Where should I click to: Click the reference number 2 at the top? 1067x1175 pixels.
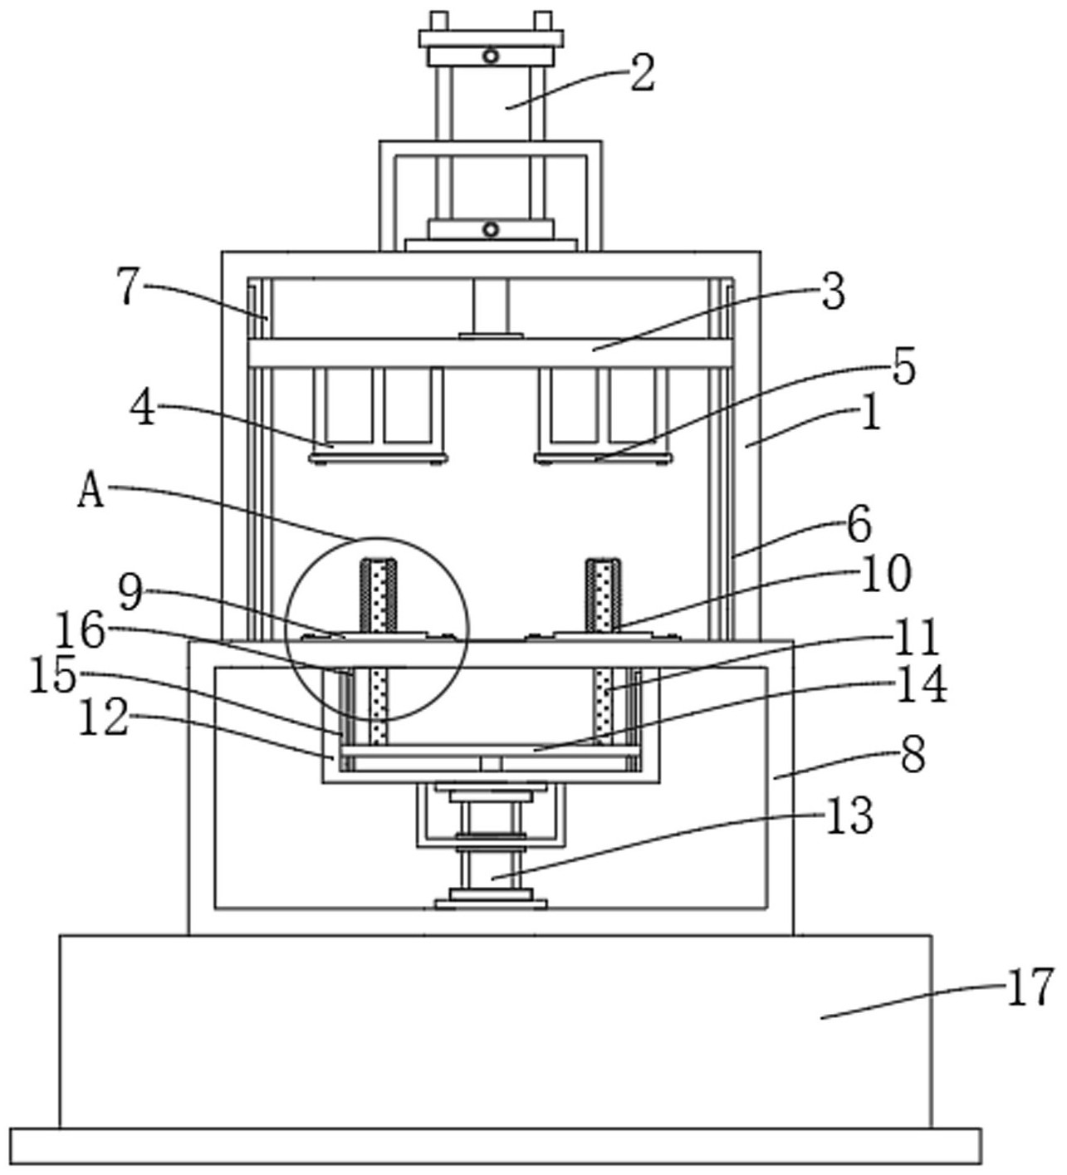coord(642,73)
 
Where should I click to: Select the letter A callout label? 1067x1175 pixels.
coord(91,491)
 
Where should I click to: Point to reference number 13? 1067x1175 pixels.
coord(849,816)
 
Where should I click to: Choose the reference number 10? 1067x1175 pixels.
coord(887,574)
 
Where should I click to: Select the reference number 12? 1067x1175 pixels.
coord(103,718)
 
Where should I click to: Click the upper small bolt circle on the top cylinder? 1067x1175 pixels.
coord(491,56)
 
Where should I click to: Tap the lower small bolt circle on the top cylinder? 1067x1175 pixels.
coord(491,229)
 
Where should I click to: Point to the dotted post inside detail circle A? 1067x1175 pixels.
coord(378,595)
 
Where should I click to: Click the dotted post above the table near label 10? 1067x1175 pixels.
coord(604,595)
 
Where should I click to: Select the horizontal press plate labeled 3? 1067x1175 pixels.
coord(491,353)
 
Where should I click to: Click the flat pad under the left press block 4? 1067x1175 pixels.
coord(378,458)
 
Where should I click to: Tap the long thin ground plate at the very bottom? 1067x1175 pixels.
coord(496,1146)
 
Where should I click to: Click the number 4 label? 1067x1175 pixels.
coord(142,409)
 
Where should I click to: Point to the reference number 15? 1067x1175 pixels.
coord(53,675)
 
